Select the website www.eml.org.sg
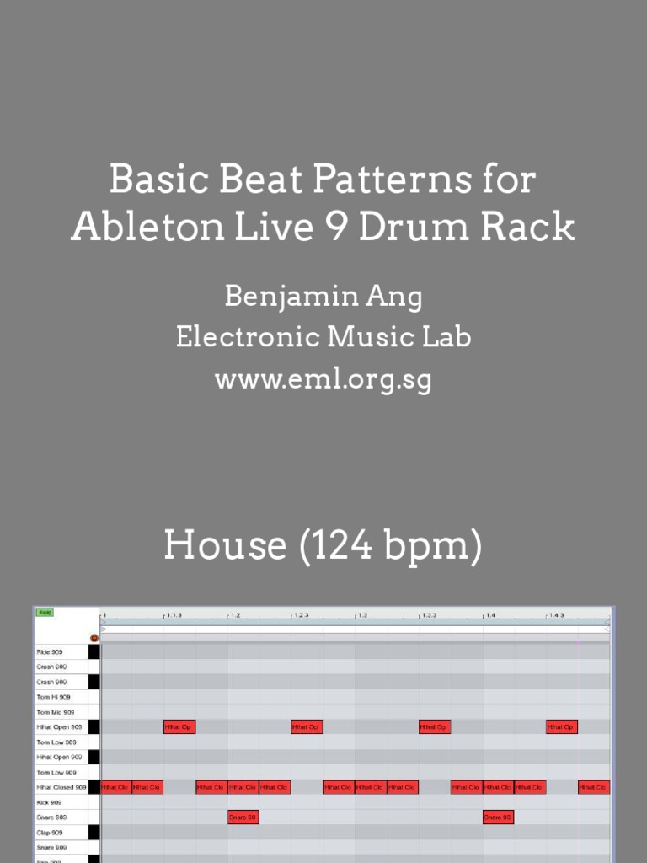tap(323, 379)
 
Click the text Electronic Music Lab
tap(323, 338)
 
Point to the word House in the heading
tap(225, 545)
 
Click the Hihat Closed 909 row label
tap(61, 787)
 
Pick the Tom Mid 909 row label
tap(56, 712)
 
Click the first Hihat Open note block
tap(179, 727)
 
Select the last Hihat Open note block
tap(562, 727)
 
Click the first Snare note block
tap(243, 817)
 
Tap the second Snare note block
tap(498, 817)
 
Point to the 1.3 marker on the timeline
tap(362, 615)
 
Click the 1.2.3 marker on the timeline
tap(301, 615)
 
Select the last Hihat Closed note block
tap(594, 787)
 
